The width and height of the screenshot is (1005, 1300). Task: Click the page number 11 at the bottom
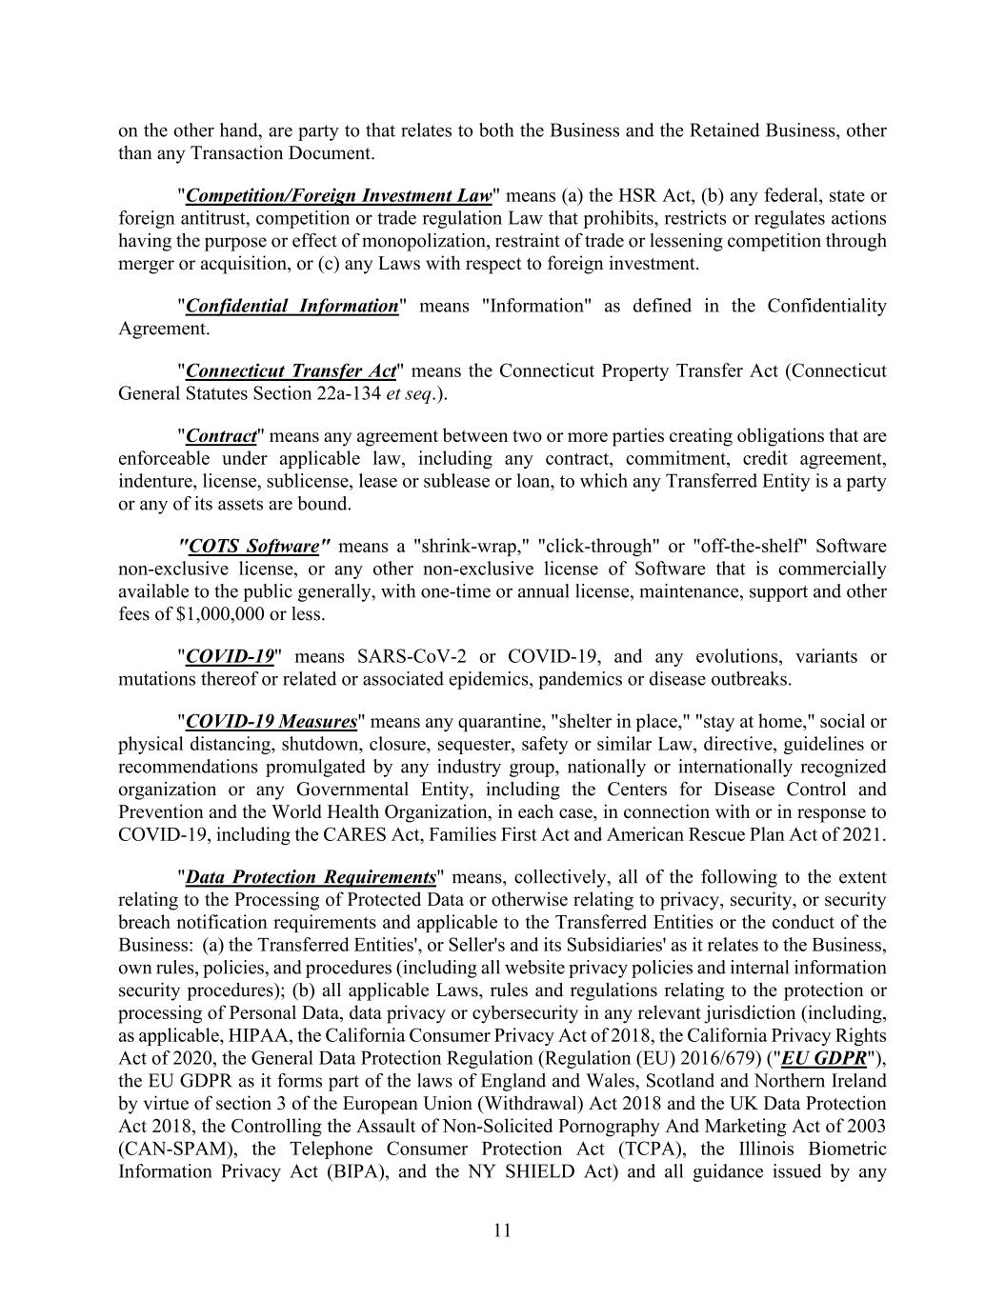click(502, 1230)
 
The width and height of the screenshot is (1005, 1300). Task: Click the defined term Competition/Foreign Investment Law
click(339, 196)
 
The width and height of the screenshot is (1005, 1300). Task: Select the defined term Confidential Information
click(291, 306)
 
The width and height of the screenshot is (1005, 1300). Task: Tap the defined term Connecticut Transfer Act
click(291, 371)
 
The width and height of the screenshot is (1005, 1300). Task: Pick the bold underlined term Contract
click(222, 436)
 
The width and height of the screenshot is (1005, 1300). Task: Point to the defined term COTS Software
click(253, 547)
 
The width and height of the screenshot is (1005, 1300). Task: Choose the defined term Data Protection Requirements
click(311, 877)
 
